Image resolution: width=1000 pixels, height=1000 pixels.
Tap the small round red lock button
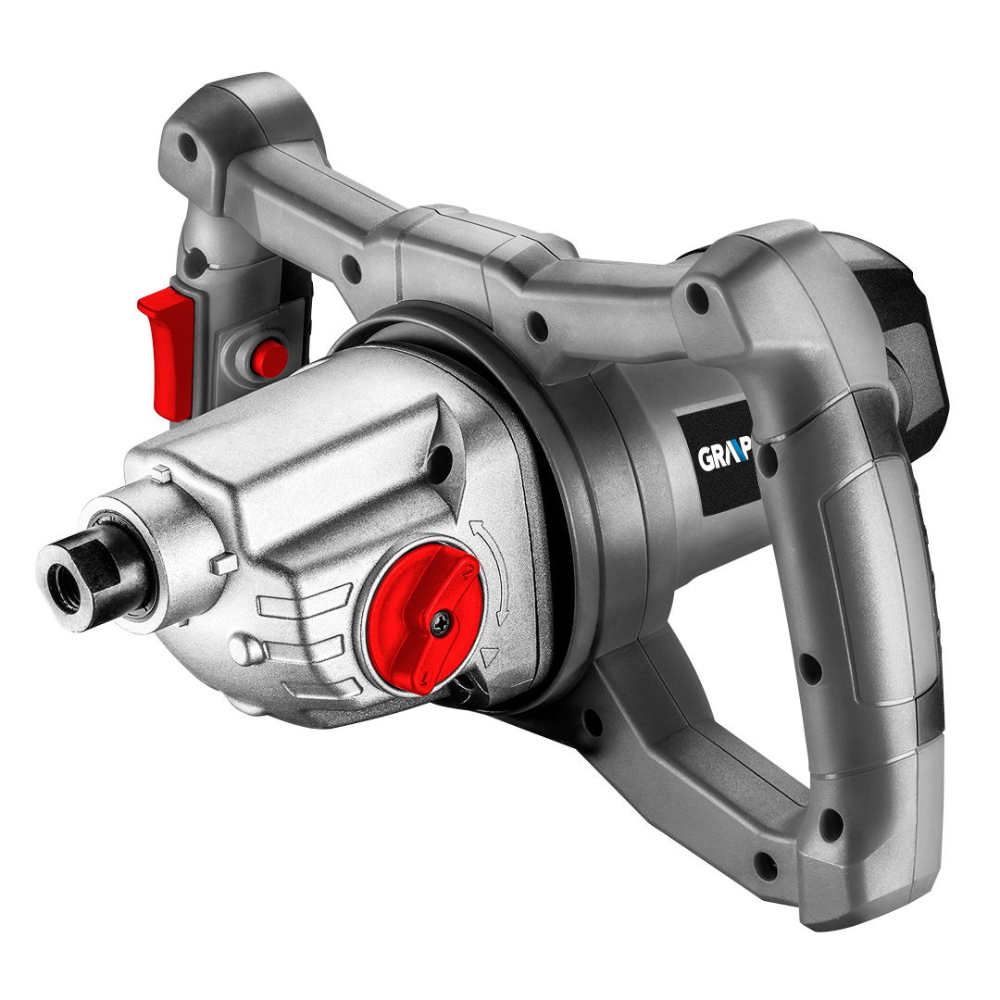[x=269, y=356]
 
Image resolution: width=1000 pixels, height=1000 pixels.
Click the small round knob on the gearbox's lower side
[x=244, y=651]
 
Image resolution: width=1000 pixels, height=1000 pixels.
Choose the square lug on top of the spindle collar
[x=161, y=473]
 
